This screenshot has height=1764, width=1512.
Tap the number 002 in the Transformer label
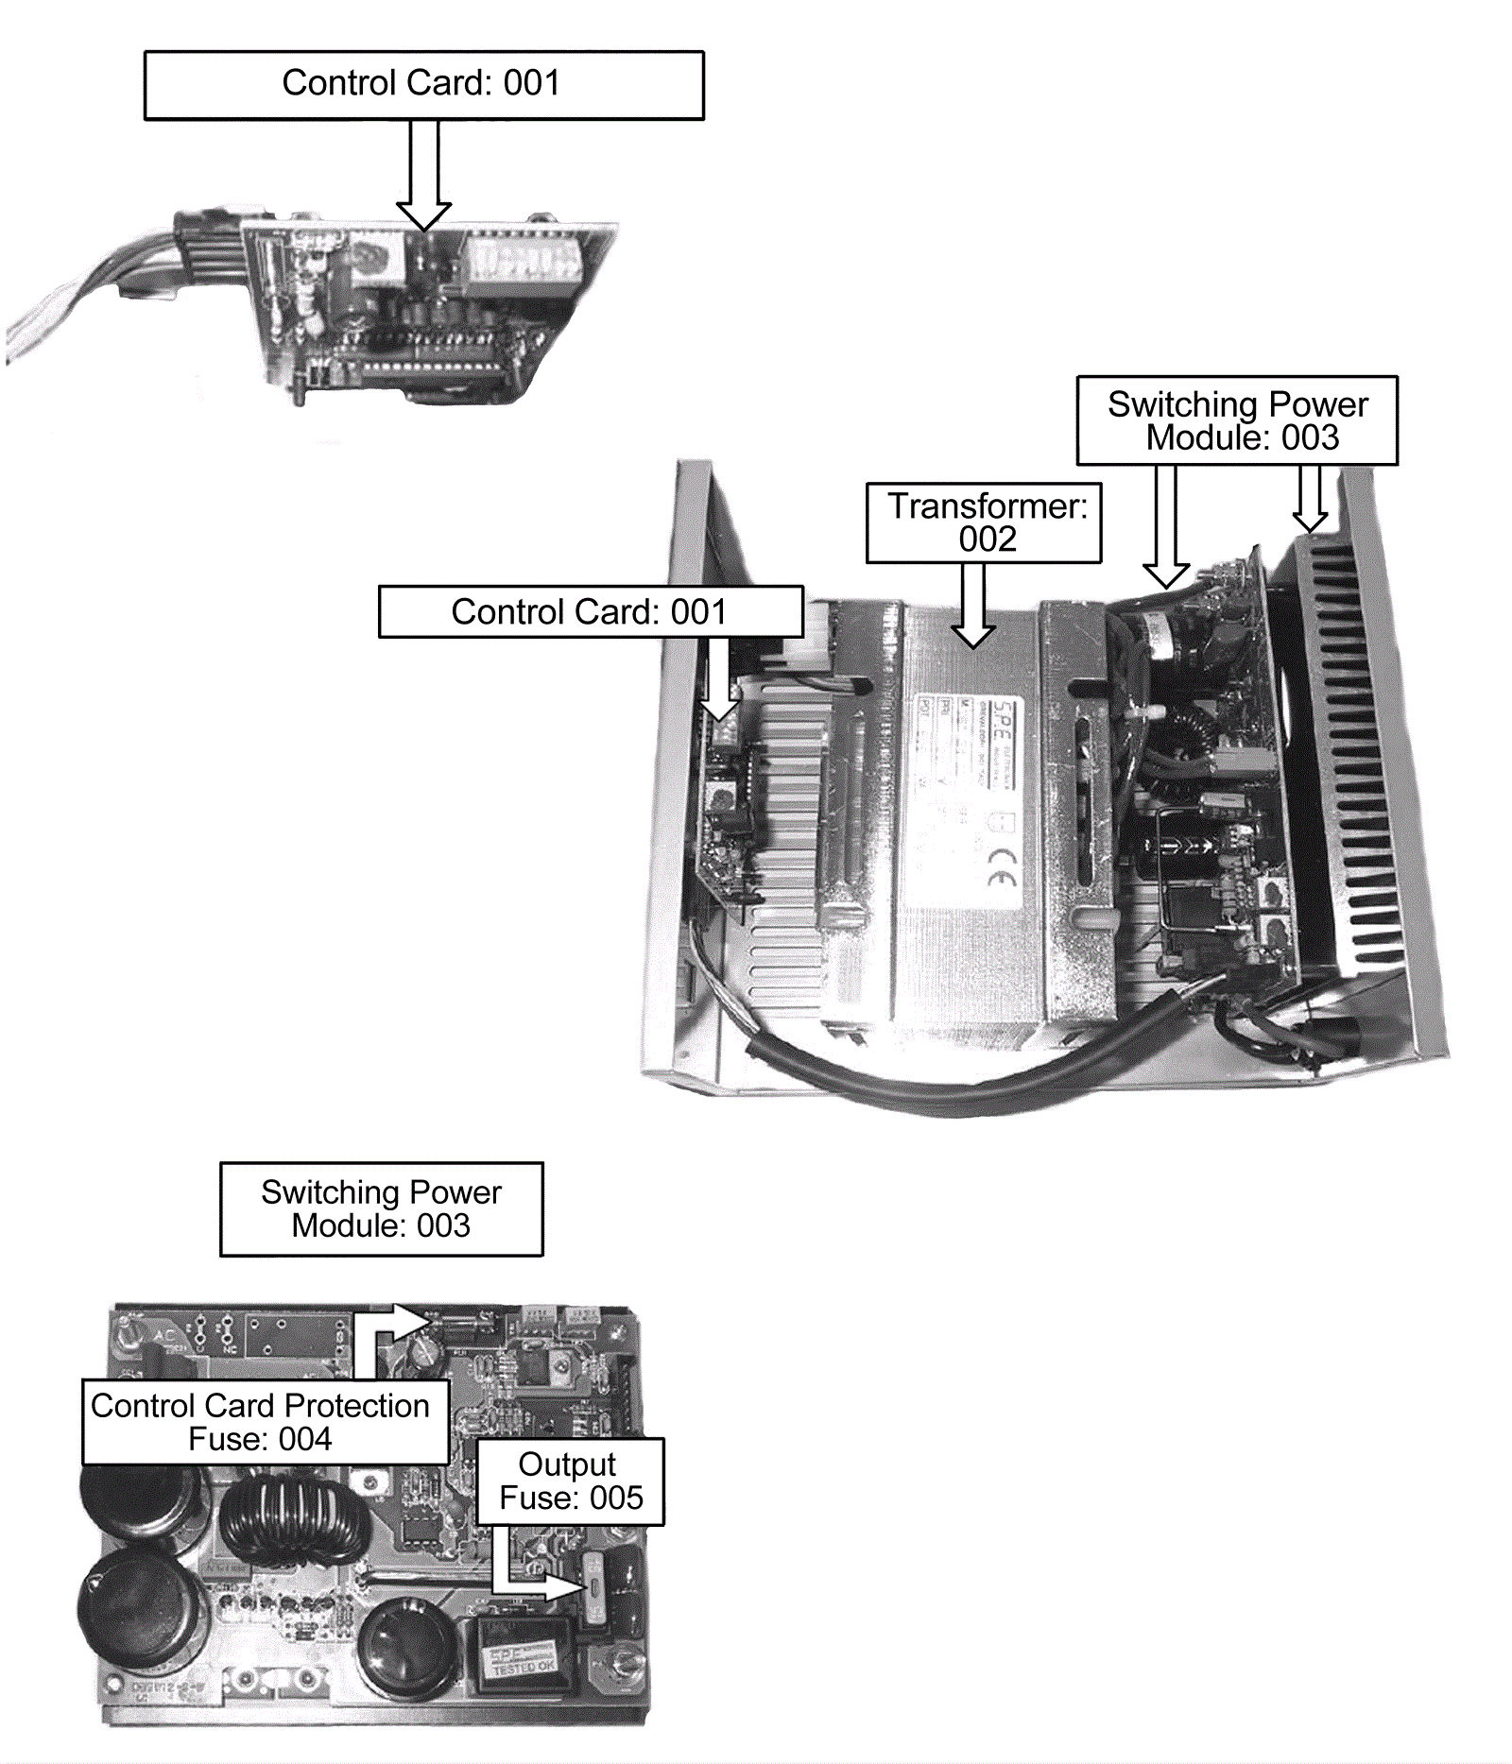tap(988, 539)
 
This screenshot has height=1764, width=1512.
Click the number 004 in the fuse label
tap(304, 1439)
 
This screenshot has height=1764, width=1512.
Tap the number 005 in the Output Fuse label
tap(616, 1498)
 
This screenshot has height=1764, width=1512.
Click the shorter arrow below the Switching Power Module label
tap(1310, 499)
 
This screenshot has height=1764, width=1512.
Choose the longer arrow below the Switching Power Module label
tap(1166, 529)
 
